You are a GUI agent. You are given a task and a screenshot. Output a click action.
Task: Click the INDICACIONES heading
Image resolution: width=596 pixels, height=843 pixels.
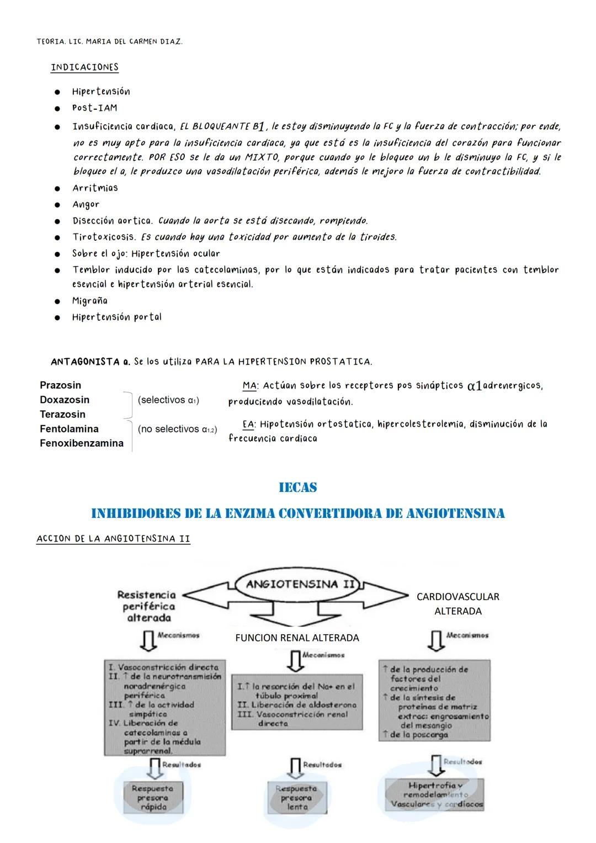point(84,67)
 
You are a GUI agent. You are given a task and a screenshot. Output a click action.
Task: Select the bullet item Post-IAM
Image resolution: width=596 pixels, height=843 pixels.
point(94,108)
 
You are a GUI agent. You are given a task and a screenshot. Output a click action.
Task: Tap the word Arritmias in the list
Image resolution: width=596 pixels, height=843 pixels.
point(95,188)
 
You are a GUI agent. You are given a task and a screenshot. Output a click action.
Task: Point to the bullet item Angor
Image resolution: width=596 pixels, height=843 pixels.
point(86,204)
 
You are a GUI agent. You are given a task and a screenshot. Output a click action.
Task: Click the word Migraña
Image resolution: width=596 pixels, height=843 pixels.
point(89,301)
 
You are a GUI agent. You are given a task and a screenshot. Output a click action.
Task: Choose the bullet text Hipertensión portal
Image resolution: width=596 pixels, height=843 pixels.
point(116,317)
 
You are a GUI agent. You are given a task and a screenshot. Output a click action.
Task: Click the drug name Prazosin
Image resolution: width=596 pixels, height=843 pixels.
point(60,385)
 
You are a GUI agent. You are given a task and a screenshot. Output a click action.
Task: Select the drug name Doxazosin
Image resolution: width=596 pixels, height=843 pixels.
point(64,400)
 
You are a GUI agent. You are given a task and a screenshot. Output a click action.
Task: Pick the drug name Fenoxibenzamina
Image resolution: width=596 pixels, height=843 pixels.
point(81,443)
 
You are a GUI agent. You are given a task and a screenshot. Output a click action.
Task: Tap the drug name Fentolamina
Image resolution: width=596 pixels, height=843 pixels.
point(69,429)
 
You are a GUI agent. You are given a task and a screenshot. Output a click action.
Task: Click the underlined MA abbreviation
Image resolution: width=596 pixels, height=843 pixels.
point(249,385)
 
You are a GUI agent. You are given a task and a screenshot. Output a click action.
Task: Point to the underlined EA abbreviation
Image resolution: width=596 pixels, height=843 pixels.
point(248,425)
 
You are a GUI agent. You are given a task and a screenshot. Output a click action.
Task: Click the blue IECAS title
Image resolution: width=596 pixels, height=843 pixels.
point(297,487)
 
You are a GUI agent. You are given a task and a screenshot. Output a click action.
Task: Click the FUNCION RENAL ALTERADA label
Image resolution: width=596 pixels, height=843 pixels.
point(297,638)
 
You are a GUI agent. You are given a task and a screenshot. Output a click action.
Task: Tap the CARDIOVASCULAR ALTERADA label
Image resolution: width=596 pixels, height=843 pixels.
point(457,604)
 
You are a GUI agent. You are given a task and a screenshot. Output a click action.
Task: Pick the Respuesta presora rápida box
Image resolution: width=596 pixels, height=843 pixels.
point(152,798)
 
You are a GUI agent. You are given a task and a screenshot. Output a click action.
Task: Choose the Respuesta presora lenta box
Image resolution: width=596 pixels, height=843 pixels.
point(296,798)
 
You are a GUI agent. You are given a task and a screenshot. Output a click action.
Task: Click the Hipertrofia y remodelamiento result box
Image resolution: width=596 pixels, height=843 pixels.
point(434,794)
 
